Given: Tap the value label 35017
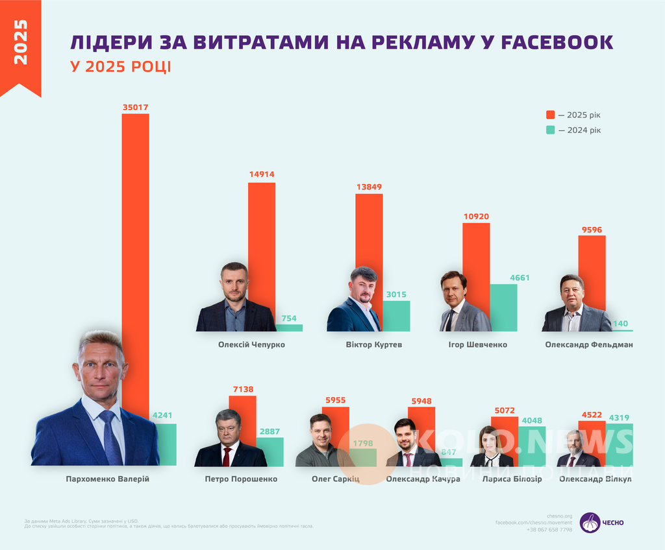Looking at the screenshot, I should pyautogui.click(x=136, y=106).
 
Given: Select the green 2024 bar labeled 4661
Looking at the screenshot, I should pyautogui.click(x=503, y=308).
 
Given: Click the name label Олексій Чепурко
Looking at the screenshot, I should pyautogui.click(x=251, y=344).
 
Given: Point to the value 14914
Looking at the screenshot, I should pyautogui.click(x=262, y=174).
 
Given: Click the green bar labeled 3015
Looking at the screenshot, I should pyautogui.click(x=396, y=317).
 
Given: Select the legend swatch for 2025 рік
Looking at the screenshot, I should pyautogui.click(x=550, y=115).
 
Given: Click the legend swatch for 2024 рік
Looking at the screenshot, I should pyautogui.click(x=550, y=130).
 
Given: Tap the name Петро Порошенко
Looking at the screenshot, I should pyautogui.click(x=241, y=479).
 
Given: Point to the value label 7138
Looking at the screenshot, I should pyautogui.click(x=242, y=389).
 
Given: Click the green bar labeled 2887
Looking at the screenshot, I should pyautogui.click(x=270, y=452).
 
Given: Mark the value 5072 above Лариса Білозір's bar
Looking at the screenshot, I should pyautogui.click(x=504, y=410).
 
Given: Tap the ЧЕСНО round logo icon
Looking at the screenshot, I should pyautogui.click(x=590, y=522).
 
